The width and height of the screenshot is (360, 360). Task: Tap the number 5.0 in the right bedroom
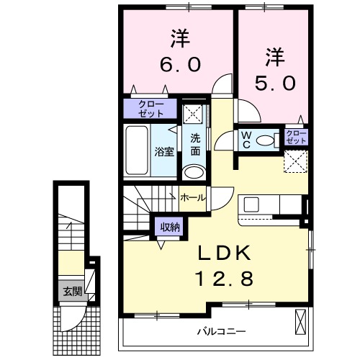click(274, 83)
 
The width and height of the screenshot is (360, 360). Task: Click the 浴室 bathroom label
click(164, 151)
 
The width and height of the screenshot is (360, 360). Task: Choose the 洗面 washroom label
click(195, 145)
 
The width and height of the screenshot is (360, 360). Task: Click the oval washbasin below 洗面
click(193, 171)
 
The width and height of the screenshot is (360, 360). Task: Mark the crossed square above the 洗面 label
click(192, 114)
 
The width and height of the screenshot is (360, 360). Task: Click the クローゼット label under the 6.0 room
click(151, 109)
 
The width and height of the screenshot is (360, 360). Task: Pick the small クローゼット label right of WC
click(295, 137)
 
